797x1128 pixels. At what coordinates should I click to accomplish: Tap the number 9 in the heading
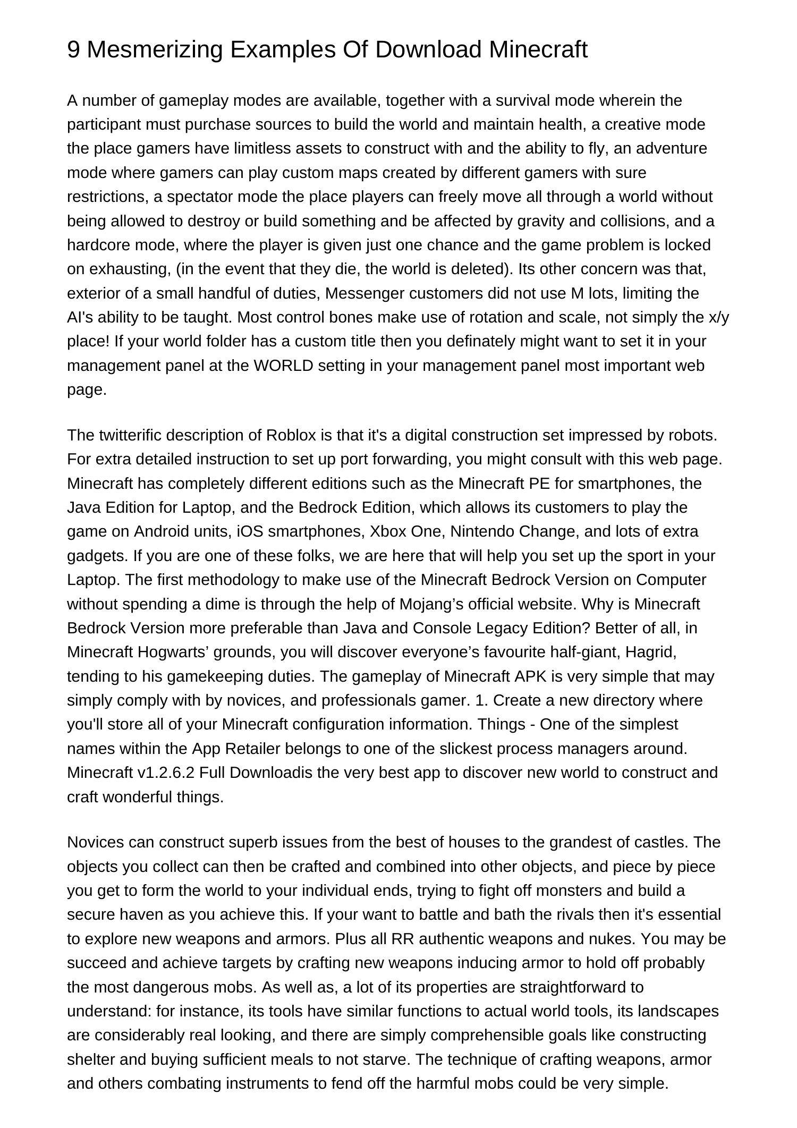point(74,49)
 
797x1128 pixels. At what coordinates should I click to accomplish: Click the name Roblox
point(291,435)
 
